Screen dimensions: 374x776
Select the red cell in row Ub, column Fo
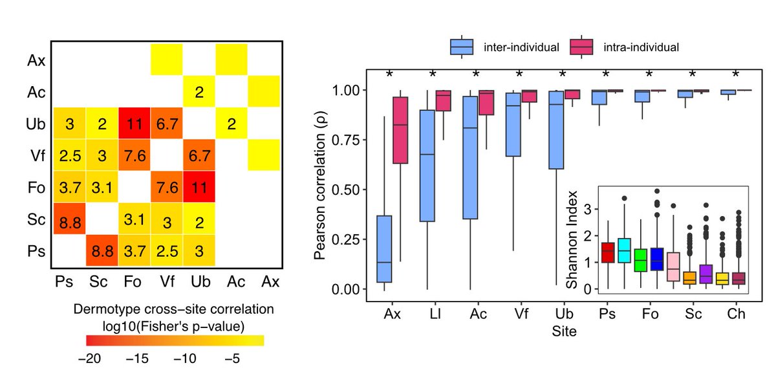click(134, 124)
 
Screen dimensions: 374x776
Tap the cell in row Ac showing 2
click(199, 92)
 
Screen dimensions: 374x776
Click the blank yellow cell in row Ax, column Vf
click(166, 60)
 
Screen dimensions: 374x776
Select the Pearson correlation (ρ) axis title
click(321, 188)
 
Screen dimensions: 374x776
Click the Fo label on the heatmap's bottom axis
click(134, 282)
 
